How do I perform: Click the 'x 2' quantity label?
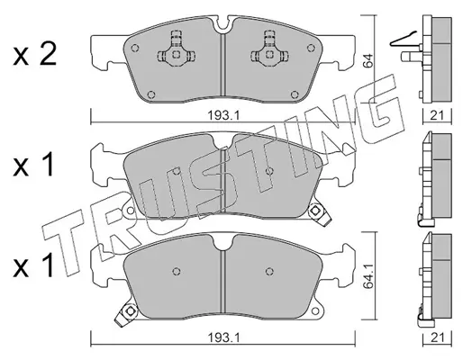click(34, 55)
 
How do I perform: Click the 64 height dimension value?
click(368, 61)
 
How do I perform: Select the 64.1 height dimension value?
click(369, 276)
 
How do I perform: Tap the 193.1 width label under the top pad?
click(222, 115)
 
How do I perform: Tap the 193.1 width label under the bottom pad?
click(222, 338)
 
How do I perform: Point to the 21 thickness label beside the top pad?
click(437, 115)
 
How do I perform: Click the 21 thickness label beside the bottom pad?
click(437, 338)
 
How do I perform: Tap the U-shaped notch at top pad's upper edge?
click(222, 24)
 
